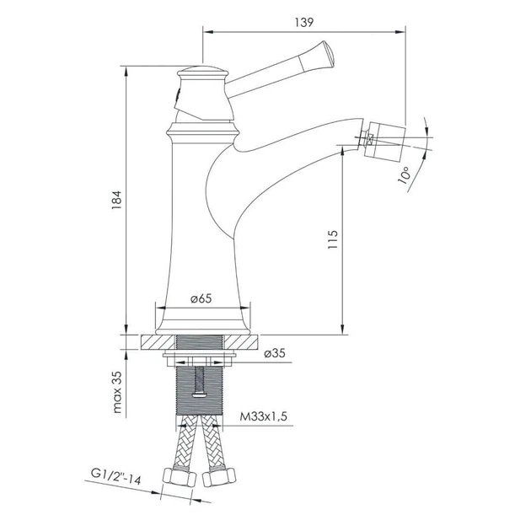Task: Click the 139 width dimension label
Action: tap(304, 23)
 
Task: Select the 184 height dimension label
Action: tap(116, 200)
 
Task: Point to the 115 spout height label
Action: tap(333, 239)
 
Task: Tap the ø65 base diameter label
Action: tap(201, 298)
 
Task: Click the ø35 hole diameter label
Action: tap(275, 353)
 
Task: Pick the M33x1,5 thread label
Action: tap(264, 416)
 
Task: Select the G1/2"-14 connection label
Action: tap(115, 476)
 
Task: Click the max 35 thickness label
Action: tap(116, 392)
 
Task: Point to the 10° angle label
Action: tap(405, 175)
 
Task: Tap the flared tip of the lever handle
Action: tap(328, 54)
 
